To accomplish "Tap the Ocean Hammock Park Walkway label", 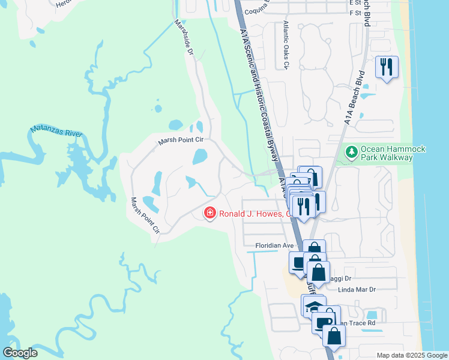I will point(386,154).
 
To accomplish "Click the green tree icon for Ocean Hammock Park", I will point(352,153).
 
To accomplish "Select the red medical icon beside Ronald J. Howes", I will point(209,213).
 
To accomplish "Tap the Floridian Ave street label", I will point(274,245).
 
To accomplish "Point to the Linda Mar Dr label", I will point(357,290).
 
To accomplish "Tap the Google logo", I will point(20,353).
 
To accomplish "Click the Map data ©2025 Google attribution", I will point(411,355).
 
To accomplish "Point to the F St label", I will point(355,12).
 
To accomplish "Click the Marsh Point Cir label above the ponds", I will point(181,140).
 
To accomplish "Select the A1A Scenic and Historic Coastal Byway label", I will point(259,96).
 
